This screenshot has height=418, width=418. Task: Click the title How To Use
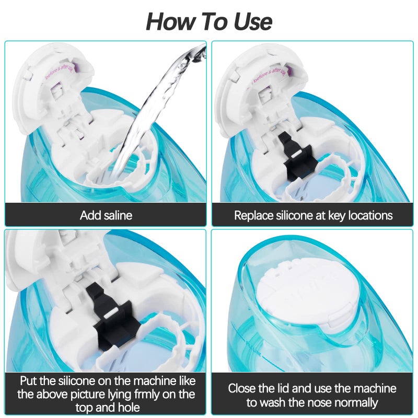point(209,21)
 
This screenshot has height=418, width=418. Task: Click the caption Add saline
point(106,215)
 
